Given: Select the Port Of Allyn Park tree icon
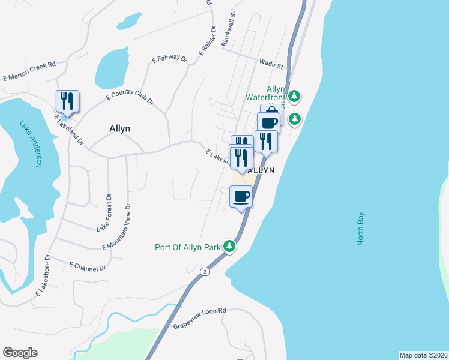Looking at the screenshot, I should tap(229, 245).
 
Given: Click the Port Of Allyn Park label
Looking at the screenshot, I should tap(188, 246).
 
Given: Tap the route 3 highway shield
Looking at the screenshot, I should tap(205, 271).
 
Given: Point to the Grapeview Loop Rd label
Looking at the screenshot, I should tap(199, 317).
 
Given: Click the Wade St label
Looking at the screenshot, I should tap(271, 62).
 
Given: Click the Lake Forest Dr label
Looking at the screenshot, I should tap(104, 212).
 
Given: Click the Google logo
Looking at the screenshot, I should tap(20, 353).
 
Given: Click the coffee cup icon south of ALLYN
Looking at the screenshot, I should tap(241, 197).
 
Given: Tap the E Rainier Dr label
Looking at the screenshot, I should tap(206, 41).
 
